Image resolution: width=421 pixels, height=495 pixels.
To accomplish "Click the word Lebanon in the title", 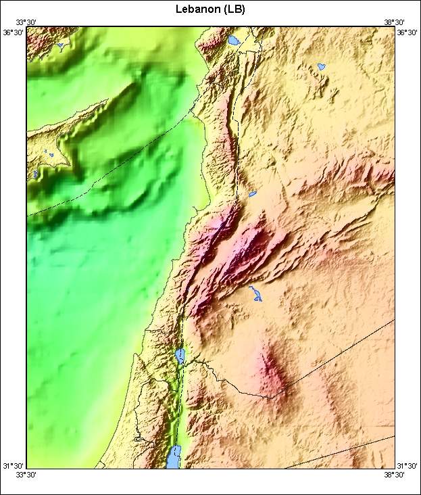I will point(197,9).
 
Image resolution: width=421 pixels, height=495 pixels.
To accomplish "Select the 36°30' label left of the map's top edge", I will point(14,32).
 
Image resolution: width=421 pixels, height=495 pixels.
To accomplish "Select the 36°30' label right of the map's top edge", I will point(408,32).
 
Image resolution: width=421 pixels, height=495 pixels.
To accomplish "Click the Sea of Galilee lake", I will point(180,356).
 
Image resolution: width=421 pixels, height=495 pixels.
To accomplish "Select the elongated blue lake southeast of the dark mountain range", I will point(256,293).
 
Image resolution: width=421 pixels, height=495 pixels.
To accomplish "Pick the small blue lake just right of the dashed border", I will point(253,194).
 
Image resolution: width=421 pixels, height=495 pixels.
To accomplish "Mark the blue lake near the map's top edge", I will point(234,40).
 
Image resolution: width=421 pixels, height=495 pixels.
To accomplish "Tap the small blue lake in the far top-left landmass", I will point(60,46).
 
